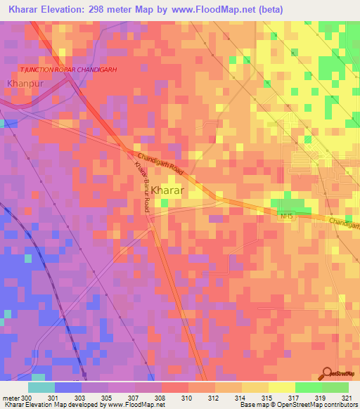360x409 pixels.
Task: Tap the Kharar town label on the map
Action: (x=168, y=190)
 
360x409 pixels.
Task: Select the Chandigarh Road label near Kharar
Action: (x=161, y=162)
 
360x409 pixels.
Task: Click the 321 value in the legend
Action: (x=347, y=398)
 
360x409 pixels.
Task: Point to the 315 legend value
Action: (x=267, y=398)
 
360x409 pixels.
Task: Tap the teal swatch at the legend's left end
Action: (x=41, y=387)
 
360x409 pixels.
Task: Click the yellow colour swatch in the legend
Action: (x=281, y=387)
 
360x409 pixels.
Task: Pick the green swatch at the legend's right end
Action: (x=335, y=387)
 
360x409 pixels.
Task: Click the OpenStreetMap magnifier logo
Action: (x=327, y=373)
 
